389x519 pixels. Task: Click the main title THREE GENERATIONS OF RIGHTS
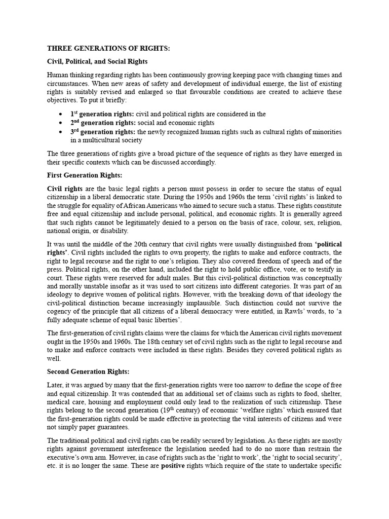click(x=108, y=48)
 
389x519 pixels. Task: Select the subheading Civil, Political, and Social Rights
click(x=97, y=61)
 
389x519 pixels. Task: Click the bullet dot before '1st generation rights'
click(x=61, y=115)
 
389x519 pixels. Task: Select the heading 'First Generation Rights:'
click(x=85, y=175)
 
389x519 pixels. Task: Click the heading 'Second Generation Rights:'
click(x=89, y=372)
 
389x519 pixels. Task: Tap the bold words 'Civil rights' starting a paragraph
click(x=65, y=189)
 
